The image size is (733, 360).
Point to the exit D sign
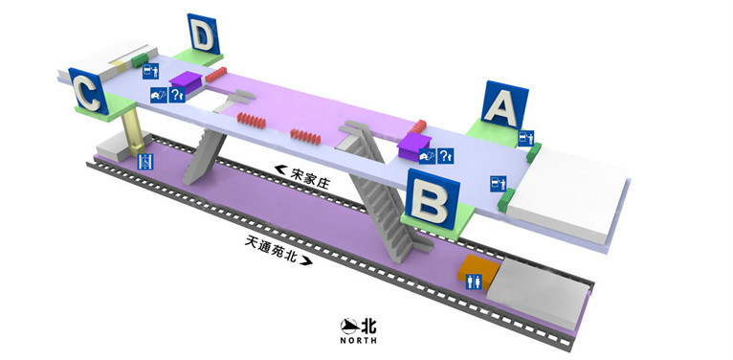(202, 37)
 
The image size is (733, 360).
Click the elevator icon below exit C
(145, 162)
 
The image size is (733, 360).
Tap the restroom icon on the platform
(473, 281)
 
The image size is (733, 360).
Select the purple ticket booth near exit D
(187, 82)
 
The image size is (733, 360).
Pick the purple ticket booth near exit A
(416, 146)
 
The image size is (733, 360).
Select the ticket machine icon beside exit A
(523, 138)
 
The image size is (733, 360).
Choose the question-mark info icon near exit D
(176, 94)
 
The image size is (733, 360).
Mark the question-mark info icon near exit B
(445, 155)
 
